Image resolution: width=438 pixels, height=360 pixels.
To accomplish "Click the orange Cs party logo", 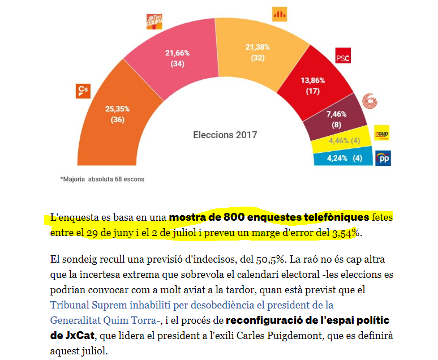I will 83,91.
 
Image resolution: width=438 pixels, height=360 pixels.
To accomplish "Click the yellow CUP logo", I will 382,134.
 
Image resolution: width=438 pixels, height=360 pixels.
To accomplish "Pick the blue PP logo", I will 383,158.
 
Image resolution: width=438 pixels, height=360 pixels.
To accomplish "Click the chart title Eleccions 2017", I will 225,135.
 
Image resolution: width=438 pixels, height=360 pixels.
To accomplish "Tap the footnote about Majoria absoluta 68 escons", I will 102,179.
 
